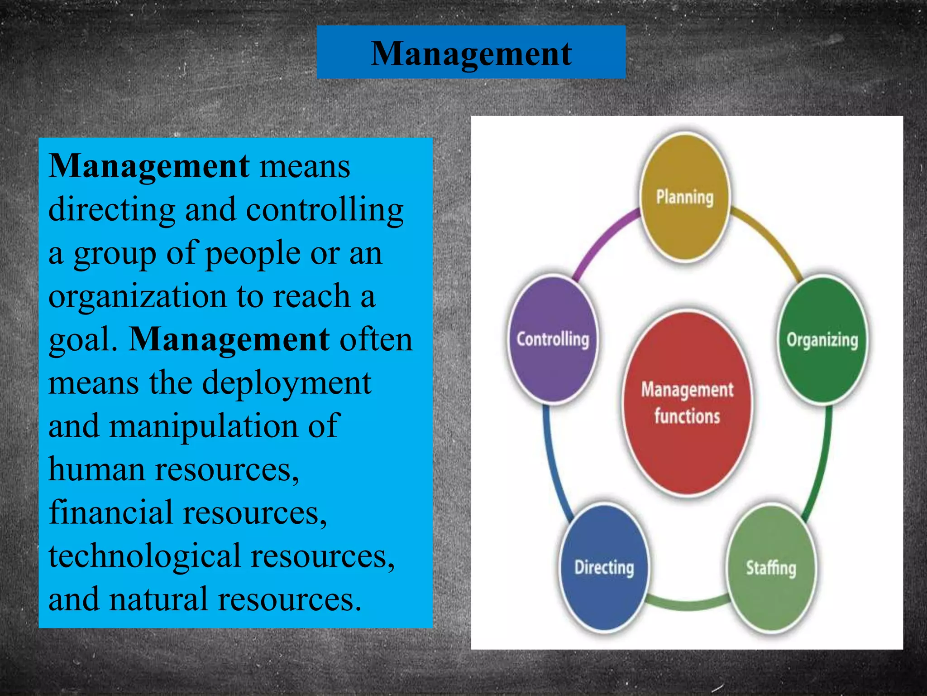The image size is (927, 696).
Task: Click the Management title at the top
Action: (x=471, y=53)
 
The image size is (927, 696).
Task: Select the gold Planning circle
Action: (x=685, y=198)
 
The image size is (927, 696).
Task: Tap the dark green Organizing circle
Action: (x=822, y=339)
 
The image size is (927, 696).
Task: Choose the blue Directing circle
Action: (x=604, y=568)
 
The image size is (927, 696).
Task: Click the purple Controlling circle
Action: (x=553, y=339)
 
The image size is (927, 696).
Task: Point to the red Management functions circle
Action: (x=687, y=402)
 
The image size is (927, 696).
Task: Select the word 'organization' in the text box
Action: (x=137, y=296)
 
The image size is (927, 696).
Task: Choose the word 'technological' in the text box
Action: (x=144, y=556)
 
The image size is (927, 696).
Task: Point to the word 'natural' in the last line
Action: (x=158, y=599)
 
